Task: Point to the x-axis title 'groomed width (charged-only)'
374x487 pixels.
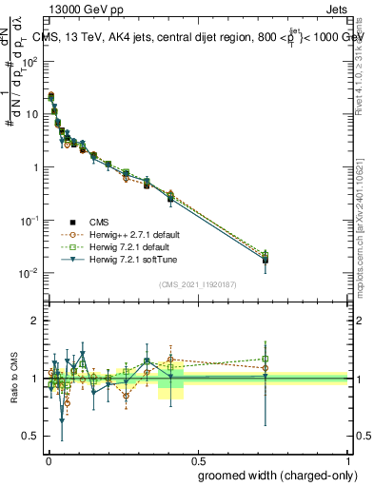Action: coord(273,474)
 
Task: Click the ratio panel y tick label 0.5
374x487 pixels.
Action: coord(31,437)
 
